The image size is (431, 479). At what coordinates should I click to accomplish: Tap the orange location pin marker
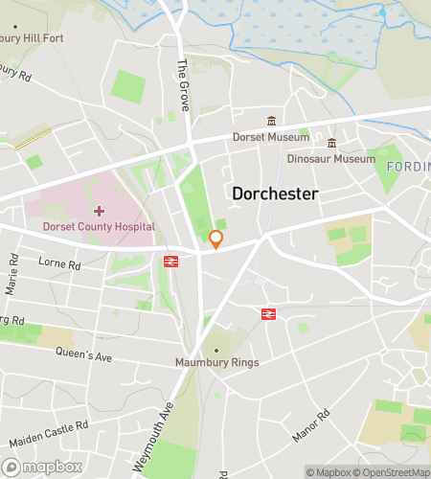tap(216, 239)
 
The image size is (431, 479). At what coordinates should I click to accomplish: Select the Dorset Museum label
tap(271, 137)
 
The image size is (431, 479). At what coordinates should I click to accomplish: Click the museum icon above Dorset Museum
tap(271, 121)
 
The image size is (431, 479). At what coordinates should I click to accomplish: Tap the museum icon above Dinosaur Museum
tap(333, 143)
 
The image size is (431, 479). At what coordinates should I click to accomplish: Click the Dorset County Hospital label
tap(99, 227)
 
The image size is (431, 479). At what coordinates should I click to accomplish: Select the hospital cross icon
tap(99, 210)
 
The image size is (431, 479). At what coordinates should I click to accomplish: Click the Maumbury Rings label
tap(216, 362)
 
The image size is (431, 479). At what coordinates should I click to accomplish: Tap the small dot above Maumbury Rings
tap(216, 350)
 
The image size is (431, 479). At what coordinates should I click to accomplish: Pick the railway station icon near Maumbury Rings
tap(268, 312)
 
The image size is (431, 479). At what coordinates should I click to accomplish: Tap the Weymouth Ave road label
tap(156, 436)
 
